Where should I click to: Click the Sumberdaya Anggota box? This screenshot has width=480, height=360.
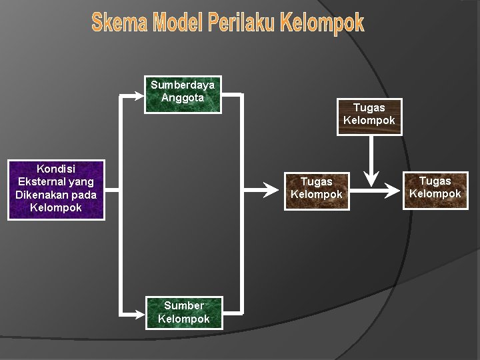(x=183, y=95)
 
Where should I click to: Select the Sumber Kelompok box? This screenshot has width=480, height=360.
(x=183, y=312)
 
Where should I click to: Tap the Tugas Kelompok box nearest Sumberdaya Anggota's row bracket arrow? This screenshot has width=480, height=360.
(x=316, y=190)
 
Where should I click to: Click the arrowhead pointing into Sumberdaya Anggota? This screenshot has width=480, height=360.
(x=138, y=95)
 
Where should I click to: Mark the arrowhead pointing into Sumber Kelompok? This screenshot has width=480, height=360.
(x=138, y=312)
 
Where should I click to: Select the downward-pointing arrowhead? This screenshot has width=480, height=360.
(x=372, y=179)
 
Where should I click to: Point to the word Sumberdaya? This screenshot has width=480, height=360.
(x=183, y=85)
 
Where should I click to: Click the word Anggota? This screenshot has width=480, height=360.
(x=183, y=98)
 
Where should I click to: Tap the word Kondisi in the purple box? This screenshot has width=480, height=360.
(x=56, y=169)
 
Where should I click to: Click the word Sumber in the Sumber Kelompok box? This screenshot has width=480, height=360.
(x=183, y=306)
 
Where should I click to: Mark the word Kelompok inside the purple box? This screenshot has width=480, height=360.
(x=56, y=207)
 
